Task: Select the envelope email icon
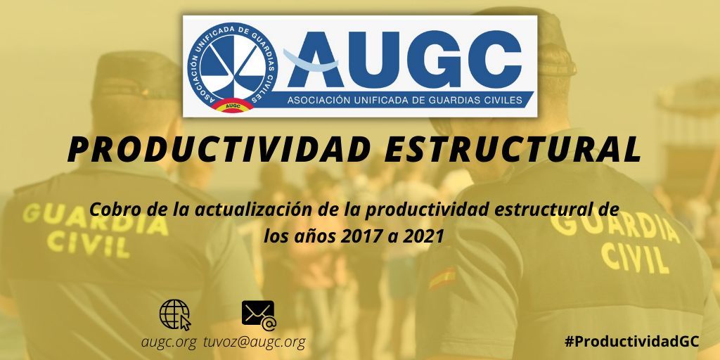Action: pyautogui.click(x=259, y=314)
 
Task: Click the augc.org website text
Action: pyautogui.click(x=169, y=342)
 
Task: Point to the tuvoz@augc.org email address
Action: pyautogui.click(x=255, y=342)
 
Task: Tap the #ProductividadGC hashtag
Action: pyautogui.click(x=631, y=340)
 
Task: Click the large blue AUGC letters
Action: pyautogui.click(x=406, y=59)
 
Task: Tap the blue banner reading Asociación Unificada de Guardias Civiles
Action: pyautogui.click(x=405, y=99)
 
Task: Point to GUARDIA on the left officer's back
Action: pyautogui.click(x=94, y=217)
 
